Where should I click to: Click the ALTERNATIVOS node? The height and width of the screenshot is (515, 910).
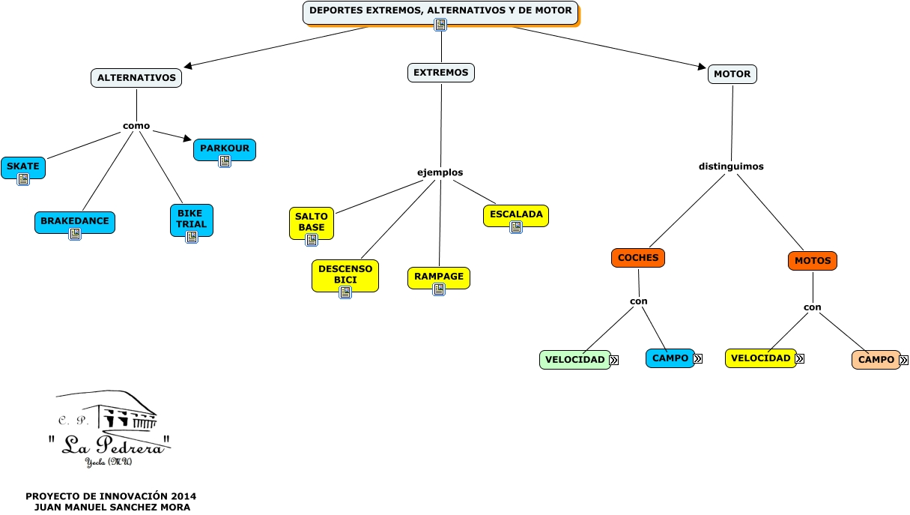tap(136, 78)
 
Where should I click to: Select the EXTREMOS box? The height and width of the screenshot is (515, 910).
tap(441, 73)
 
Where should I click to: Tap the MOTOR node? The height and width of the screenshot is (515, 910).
tap(732, 74)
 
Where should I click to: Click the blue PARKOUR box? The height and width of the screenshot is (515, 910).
tap(225, 149)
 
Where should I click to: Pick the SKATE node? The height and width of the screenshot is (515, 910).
tap(23, 167)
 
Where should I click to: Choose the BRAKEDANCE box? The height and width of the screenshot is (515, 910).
tap(75, 222)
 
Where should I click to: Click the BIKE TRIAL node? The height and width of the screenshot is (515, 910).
tap(191, 220)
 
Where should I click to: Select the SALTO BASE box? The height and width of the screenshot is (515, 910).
tap(312, 223)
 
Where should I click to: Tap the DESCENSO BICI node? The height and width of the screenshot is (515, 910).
tap(345, 275)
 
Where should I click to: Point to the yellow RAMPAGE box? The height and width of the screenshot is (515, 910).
tap(439, 277)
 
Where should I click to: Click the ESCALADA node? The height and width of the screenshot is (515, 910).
tap(516, 215)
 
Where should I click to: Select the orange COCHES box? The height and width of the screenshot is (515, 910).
tap(638, 258)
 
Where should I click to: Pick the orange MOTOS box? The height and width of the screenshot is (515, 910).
tap(813, 261)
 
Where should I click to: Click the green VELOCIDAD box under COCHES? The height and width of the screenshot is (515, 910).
tap(574, 360)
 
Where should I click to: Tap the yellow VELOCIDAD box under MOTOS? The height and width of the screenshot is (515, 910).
tap(760, 358)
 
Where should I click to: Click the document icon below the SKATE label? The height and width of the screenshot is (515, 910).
tap(23, 178)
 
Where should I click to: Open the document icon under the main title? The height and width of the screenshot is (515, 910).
tap(440, 25)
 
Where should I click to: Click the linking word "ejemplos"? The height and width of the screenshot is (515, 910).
tap(440, 172)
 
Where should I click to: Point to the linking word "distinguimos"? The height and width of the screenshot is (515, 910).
tap(731, 166)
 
